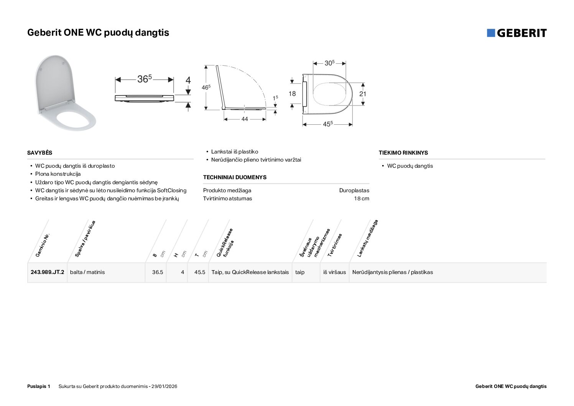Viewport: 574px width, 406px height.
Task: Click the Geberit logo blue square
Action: point(491,33)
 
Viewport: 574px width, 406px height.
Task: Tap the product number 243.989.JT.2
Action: point(48,272)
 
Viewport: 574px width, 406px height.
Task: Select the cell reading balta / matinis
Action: point(87,272)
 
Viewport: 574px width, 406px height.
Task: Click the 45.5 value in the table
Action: point(200,272)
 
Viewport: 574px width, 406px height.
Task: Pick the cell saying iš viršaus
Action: point(334,272)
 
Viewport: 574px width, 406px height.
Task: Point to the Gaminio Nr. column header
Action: point(43,245)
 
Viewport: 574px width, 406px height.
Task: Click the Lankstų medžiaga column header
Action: point(367,239)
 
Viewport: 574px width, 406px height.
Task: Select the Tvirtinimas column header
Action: point(335,245)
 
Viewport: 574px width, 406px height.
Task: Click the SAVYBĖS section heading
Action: point(40,153)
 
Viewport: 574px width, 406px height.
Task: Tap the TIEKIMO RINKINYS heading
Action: point(403,153)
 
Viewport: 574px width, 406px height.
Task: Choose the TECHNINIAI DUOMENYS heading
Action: point(235,177)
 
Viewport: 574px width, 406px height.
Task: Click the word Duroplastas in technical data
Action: point(354,191)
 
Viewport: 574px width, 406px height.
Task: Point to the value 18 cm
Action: point(362,198)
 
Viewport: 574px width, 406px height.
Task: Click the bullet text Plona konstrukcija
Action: point(58,174)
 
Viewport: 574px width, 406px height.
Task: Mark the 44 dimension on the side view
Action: point(245,119)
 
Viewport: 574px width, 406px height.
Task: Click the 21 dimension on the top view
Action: point(363,94)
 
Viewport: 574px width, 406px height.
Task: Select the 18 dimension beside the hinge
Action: point(292,94)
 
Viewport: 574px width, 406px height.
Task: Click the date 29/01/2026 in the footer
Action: point(164,386)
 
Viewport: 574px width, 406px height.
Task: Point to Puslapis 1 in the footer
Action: point(39,386)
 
